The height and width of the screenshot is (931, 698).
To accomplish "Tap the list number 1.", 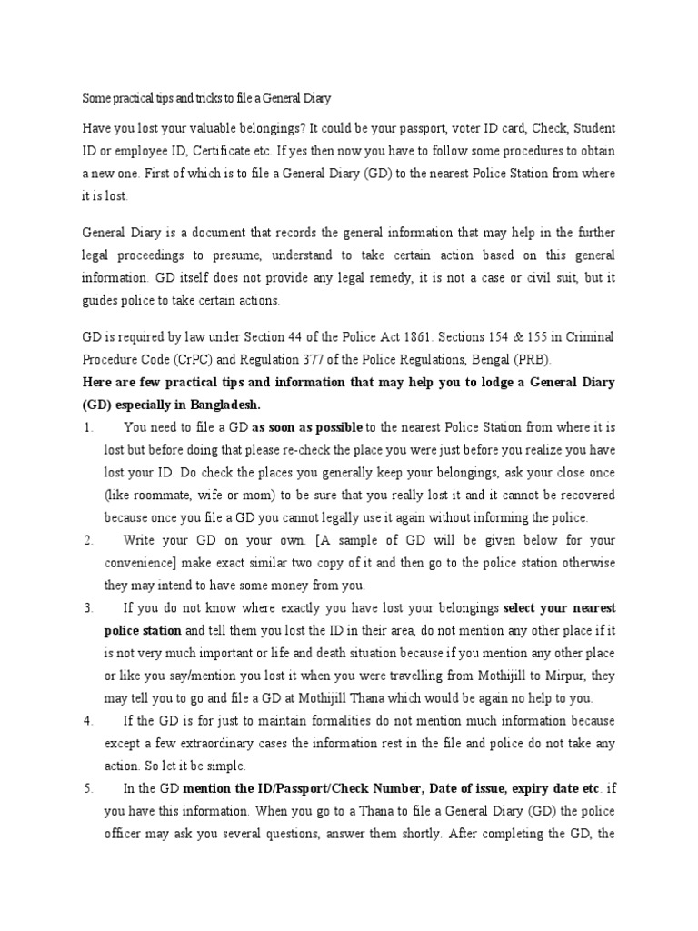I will [x=86, y=426].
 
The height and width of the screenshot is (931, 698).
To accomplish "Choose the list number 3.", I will [x=87, y=606].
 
